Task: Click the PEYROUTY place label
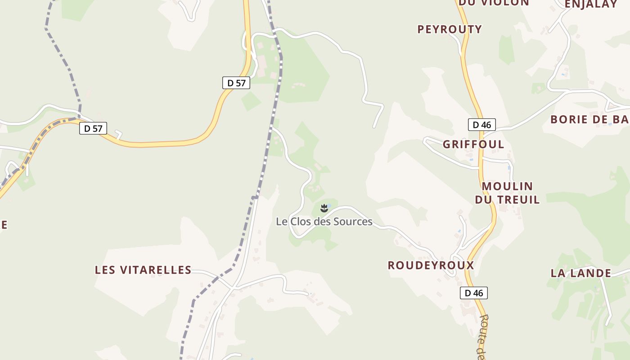[x=450, y=30]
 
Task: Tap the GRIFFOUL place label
[x=473, y=144]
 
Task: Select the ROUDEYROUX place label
[x=431, y=265]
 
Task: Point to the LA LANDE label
[x=581, y=273]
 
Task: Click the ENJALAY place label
[x=590, y=4]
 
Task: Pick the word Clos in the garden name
[x=300, y=221]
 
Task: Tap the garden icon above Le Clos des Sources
[x=324, y=208]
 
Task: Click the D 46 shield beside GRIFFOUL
[x=481, y=125]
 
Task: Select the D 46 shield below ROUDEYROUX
[x=473, y=293]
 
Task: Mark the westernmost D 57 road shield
[x=93, y=128]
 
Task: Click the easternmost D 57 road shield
[x=236, y=83]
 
